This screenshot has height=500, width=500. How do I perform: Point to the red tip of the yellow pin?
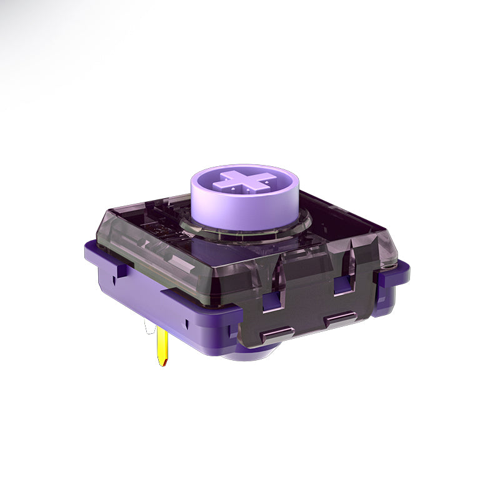(x=163, y=362)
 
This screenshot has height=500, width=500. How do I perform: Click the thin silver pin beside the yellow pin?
(x=148, y=328)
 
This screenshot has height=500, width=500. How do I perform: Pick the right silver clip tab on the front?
(x=341, y=319)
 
